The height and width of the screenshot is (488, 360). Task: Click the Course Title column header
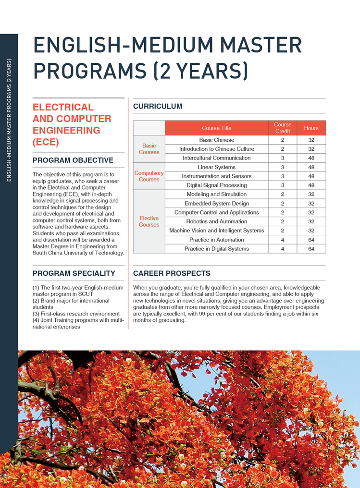[216, 128]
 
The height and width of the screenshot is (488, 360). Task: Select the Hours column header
[311, 128]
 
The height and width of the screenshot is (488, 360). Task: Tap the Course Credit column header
[283, 128]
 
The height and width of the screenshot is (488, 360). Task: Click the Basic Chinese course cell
[216, 140]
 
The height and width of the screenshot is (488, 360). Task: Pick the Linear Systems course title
[216, 167]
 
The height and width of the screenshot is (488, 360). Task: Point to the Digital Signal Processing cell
[216, 185]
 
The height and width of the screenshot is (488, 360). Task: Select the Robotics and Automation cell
[216, 221]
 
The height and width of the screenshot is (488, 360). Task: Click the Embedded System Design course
[216, 203]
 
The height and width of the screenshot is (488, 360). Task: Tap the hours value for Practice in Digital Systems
[311, 249]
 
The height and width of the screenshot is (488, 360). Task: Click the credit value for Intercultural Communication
[283, 158]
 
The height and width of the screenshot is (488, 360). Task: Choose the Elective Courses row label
[149, 221]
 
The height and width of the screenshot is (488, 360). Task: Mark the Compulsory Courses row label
[149, 176]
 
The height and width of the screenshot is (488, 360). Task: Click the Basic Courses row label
[149, 149]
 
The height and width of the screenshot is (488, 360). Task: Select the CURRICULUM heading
[158, 106]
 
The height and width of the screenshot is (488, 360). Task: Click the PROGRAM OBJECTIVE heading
[73, 160]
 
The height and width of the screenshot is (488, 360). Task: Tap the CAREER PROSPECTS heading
[172, 273]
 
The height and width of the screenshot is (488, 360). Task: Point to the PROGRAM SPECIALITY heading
[74, 273]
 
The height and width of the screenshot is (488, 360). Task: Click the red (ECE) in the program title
[46, 142]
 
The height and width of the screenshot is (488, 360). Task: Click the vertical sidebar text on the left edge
[9, 120]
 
